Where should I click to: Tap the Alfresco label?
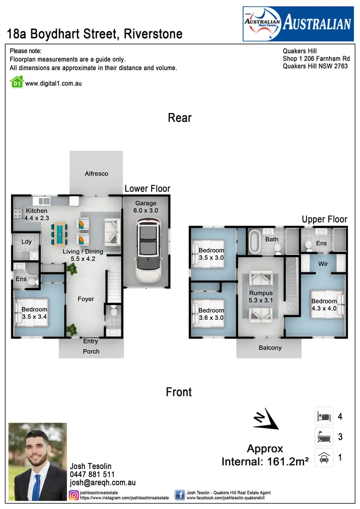coord(96,174)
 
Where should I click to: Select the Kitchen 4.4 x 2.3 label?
coord(36,214)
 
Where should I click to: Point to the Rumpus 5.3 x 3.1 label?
coord(261,297)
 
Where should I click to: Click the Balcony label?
coord(270,348)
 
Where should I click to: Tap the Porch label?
coord(91,351)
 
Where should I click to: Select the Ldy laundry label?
coord(26,242)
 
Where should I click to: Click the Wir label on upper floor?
coord(324,264)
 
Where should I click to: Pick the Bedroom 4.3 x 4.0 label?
coord(324,305)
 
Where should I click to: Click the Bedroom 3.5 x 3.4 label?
coord(35,313)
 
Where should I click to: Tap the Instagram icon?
coord(74,495)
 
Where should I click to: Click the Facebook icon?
coord(180,495)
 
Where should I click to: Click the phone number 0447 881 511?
coord(93,474)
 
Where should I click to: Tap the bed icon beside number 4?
coord(324,416)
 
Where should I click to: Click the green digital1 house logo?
coord(16,82)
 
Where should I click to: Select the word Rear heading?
coord(180,118)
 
